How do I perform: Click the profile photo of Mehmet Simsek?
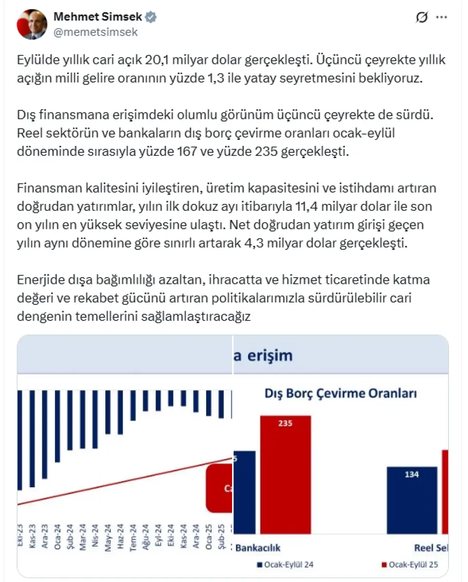tap(32, 24)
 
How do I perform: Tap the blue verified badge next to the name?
tap(151, 17)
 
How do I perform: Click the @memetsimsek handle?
tap(96, 32)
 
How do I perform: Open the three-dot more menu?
tap(441, 17)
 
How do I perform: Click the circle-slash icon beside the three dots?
tap(422, 17)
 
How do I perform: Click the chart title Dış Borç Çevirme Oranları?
tap(340, 393)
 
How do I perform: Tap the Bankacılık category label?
tap(258, 547)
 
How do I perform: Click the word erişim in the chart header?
tap(269, 355)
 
